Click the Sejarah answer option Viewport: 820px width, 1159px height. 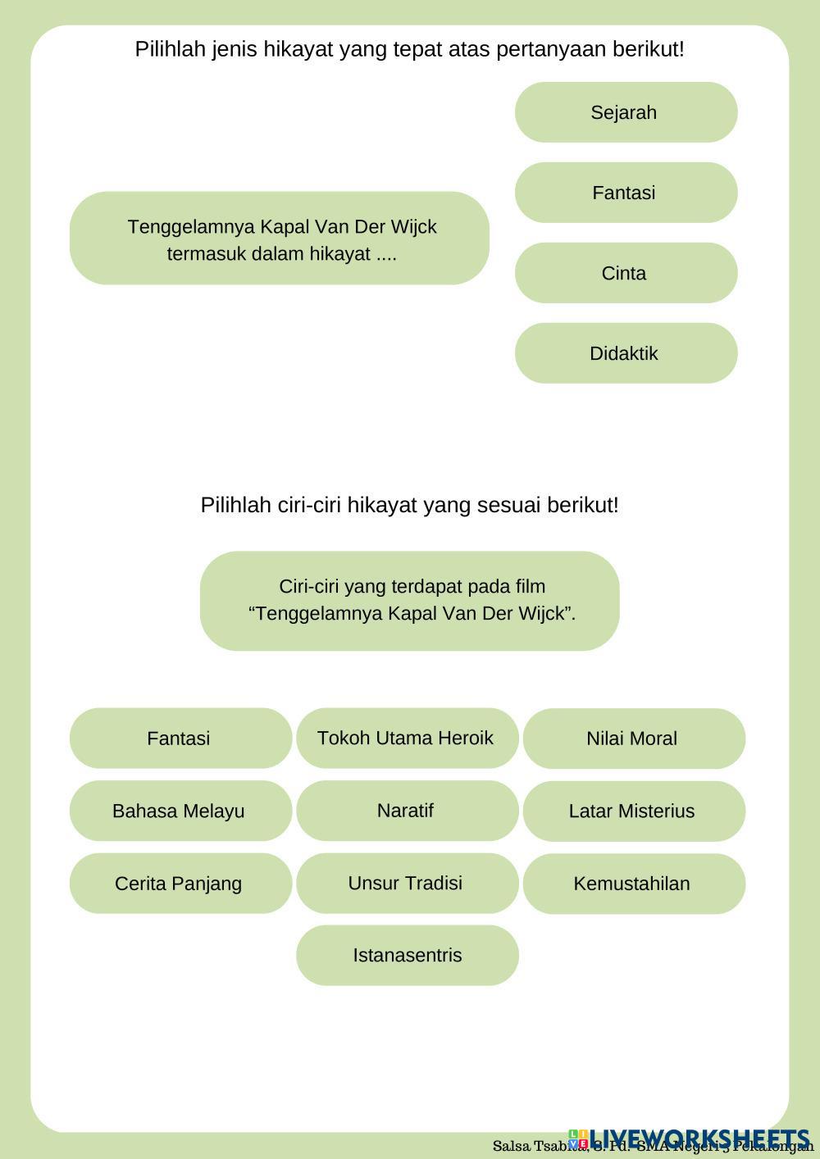point(626,112)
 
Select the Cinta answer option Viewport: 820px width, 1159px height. point(626,273)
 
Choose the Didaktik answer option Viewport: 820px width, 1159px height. point(626,353)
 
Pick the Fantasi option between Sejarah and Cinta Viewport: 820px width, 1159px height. point(626,193)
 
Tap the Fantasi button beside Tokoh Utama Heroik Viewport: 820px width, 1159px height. point(180,738)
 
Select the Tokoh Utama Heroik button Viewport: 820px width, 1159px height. point(407,738)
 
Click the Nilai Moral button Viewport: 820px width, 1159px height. point(633,739)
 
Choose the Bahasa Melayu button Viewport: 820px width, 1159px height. point(180,811)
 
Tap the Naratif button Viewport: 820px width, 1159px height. point(407,811)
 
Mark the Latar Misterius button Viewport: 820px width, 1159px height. point(633,811)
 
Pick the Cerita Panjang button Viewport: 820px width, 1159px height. point(180,884)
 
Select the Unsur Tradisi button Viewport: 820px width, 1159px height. point(407,883)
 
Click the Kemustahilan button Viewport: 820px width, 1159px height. point(633,884)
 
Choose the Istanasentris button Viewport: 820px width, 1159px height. point(407,955)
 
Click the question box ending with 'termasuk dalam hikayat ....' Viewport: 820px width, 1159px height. point(280,239)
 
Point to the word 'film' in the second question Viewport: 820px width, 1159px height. point(531,587)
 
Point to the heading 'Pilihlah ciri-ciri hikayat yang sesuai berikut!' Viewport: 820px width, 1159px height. point(409,505)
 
